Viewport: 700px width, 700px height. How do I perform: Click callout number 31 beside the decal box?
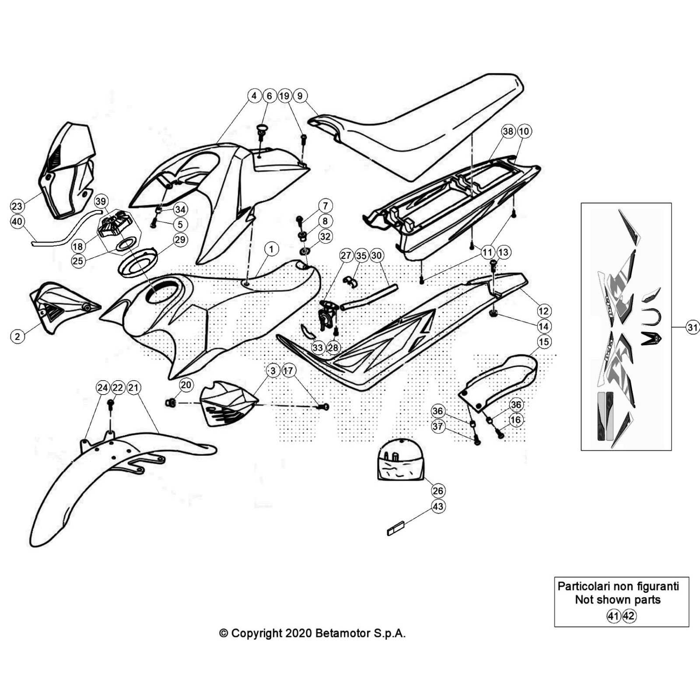click(693, 327)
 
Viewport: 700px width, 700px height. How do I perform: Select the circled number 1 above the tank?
click(271, 249)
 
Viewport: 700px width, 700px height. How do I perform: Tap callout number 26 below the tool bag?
click(437, 490)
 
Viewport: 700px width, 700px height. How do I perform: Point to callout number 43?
click(437, 506)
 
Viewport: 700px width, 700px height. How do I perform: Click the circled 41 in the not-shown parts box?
click(613, 616)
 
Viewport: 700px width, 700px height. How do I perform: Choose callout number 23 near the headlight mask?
click(17, 206)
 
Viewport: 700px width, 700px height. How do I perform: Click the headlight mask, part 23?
click(68, 171)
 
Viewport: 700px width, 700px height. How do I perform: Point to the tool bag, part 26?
click(400, 462)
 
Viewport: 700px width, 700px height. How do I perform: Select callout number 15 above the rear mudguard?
click(543, 342)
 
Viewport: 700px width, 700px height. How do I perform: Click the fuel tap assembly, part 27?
click(326, 313)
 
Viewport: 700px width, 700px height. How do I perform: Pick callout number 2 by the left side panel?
click(17, 336)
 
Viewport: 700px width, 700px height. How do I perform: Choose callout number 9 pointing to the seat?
click(300, 95)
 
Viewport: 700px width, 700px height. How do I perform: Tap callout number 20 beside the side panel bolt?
click(186, 385)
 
